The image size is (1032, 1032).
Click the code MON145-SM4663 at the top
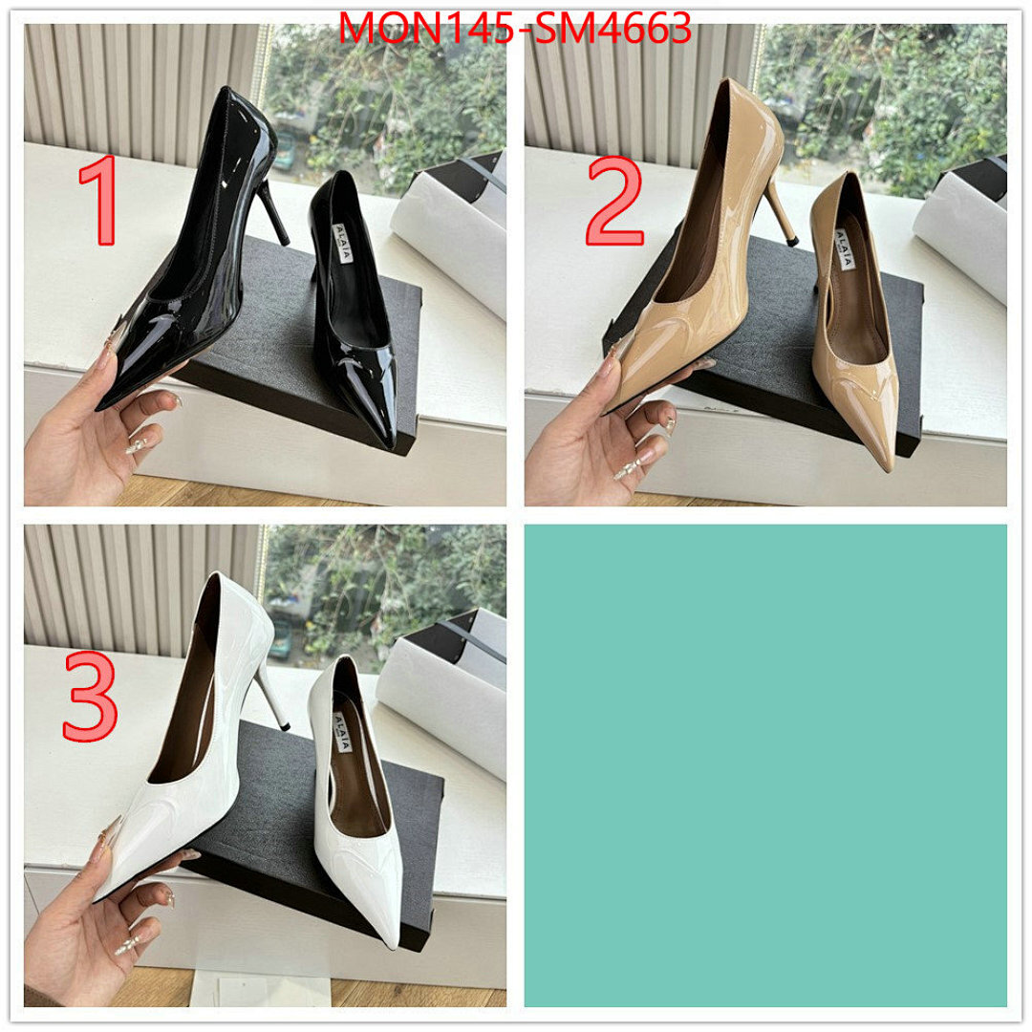pyautogui.click(x=516, y=29)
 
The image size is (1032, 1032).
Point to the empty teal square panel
pyautogui.click(x=764, y=764)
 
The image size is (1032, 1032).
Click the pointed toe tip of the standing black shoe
pyautogui.click(x=389, y=441)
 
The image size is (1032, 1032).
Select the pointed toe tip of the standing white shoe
pyautogui.click(x=391, y=940)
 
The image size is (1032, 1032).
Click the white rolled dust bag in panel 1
pyautogui.click(x=449, y=239)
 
